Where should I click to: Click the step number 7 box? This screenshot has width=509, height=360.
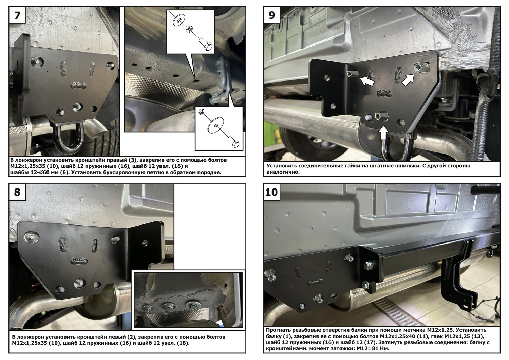(18, 15)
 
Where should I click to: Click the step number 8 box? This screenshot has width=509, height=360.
(18, 192)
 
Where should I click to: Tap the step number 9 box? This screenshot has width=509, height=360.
(272, 15)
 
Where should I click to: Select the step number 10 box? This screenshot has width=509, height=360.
(272, 192)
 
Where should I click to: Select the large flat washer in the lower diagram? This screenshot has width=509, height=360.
(216, 124)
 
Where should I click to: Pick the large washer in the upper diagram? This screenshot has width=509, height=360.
(179, 20)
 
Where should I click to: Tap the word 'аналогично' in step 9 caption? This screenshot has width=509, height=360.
(283, 172)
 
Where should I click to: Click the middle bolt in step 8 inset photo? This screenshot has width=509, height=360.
(168, 307)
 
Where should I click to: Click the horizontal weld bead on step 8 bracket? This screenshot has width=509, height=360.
(79, 261)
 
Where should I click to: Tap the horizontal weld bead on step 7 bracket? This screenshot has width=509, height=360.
(78, 85)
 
